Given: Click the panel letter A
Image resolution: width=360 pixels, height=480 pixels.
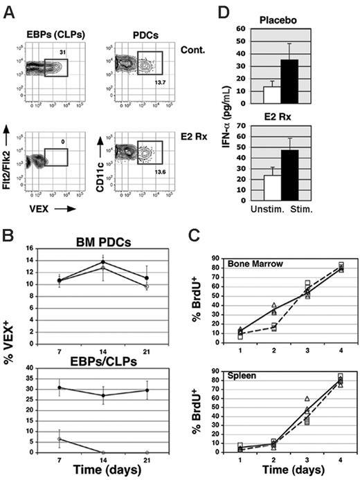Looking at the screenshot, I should point(10,9).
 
